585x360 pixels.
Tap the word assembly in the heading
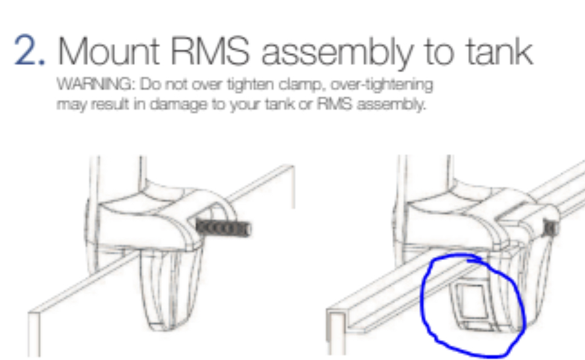(337, 54)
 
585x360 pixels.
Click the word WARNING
(96, 85)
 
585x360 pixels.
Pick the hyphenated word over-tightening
(382, 85)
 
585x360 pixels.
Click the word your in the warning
(245, 106)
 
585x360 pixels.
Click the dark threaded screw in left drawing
(223, 228)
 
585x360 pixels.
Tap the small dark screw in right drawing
(551, 228)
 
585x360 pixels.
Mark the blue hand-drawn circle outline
(423, 298)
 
